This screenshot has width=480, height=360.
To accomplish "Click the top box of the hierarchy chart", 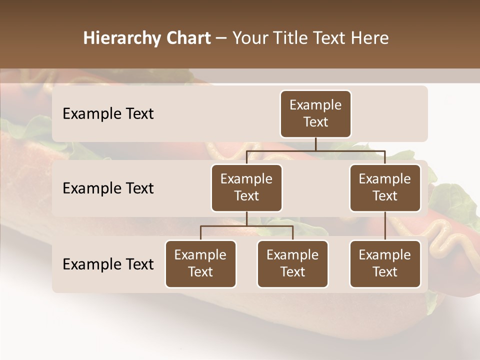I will [x=315, y=113].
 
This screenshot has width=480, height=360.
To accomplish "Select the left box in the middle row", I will [x=246, y=187].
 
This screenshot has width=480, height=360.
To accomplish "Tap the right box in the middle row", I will [x=385, y=187].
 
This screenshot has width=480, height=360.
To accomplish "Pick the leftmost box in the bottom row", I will [x=200, y=263].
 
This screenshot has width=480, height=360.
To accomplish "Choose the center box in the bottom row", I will [x=292, y=263].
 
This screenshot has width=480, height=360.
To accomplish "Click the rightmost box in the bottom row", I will [x=385, y=263].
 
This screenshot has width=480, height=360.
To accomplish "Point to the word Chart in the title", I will [x=188, y=38].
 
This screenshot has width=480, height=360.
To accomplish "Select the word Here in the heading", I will [x=370, y=38].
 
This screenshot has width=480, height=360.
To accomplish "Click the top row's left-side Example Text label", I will [x=108, y=113].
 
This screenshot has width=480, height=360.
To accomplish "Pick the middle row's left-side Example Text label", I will [x=108, y=188].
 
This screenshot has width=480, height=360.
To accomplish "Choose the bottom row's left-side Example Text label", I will [x=108, y=264].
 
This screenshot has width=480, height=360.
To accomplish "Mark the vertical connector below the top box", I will [x=315, y=144].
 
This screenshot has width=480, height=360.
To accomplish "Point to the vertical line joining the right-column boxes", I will [x=385, y=226].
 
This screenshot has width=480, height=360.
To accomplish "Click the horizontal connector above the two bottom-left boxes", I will [x=246, y=226].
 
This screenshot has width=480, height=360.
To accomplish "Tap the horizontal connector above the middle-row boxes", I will [x=315, y=150].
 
